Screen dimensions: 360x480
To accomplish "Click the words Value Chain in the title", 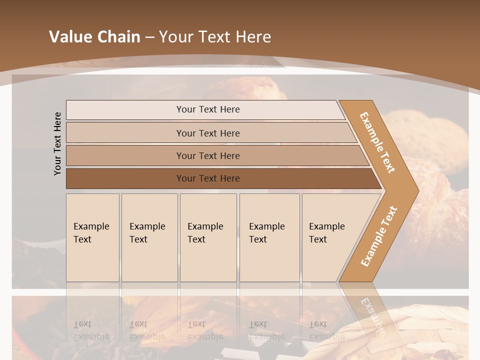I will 94,37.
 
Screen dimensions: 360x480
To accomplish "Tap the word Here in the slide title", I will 253,37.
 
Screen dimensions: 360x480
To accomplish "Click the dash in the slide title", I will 149,37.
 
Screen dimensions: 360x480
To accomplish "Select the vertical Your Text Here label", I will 57,143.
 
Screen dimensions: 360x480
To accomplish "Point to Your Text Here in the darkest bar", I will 208,178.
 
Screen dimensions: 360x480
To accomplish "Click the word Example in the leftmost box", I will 91,226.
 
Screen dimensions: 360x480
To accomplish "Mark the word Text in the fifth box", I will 318,239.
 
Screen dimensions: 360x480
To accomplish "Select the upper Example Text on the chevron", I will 377,142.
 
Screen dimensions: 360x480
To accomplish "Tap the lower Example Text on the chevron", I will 379,236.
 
